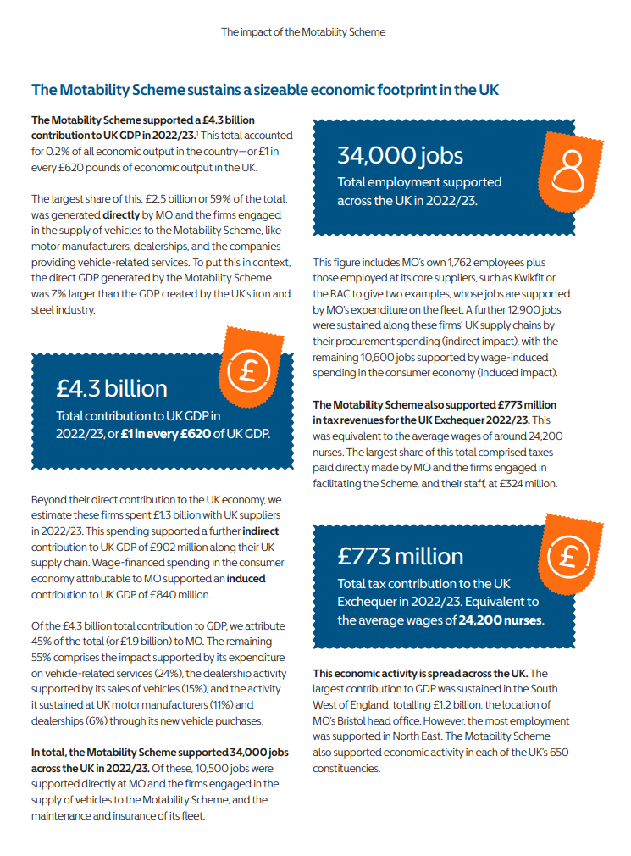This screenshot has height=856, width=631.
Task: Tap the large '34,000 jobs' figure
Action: pyautogui.click(x=400, y=155)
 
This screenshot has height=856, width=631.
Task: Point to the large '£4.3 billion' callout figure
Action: pyautogui.click(x=112, y=388)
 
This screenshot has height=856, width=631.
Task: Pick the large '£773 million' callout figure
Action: pyautogui.click(x=400, y=556)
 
